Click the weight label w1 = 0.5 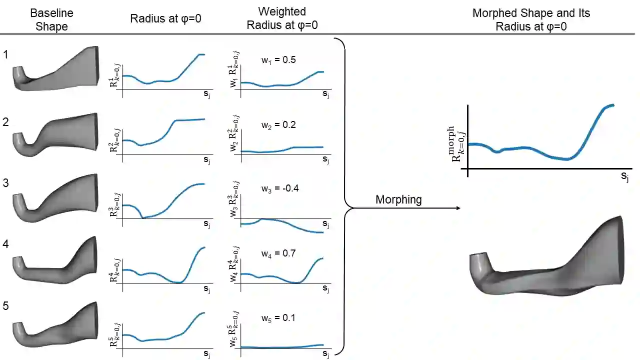(x=278, y=60)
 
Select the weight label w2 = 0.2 (x=278, y=124)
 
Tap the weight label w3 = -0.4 (x=279, y=189)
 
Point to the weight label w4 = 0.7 (x=278, y=253)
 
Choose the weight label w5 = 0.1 (x=278, y=317)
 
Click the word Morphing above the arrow (x=398, y=199)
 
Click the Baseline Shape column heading (x=51, y=20)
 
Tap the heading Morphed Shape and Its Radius (x=531, y=19)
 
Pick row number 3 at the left (x=5, y=183)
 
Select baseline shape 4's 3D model (x=55, y=260)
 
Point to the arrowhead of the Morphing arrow (x=458, y=208)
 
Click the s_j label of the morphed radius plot (x=624, y=176)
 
